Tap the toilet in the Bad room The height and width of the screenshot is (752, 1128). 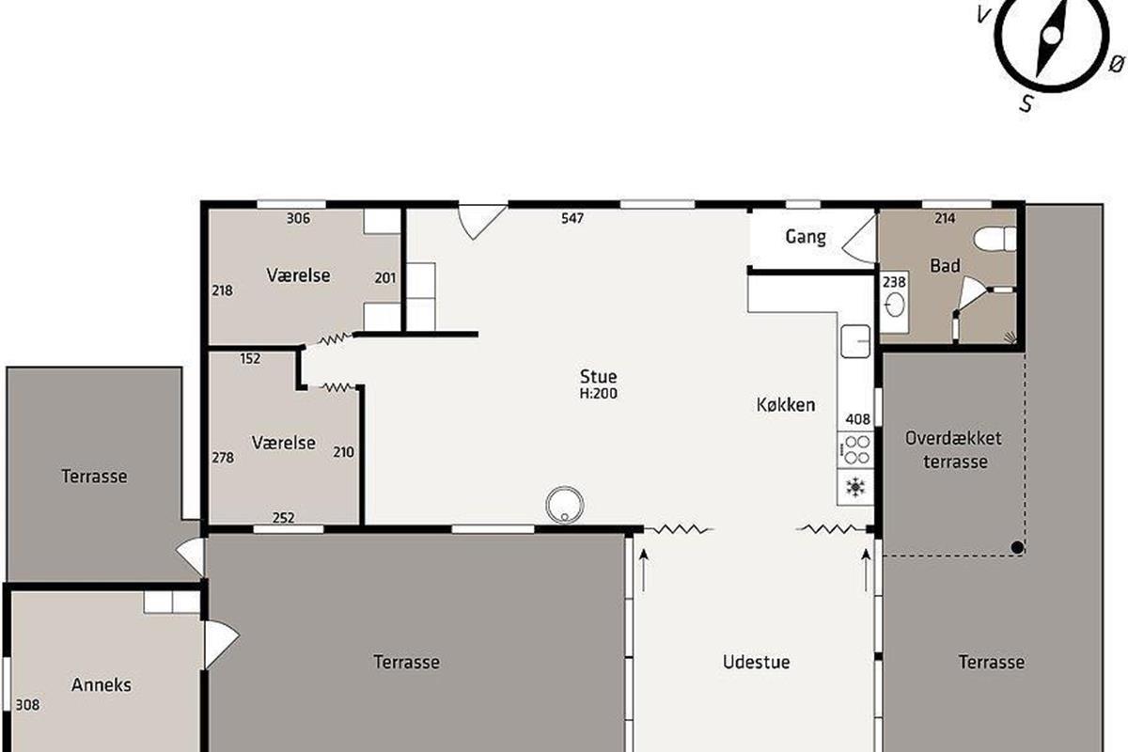coord(995,238)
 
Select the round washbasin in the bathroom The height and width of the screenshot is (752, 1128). coord(895,305)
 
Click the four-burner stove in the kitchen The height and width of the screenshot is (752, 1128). coord(855,449)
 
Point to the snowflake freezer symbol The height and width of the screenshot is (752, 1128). coord(855,487)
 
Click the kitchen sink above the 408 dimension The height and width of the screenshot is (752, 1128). coord(855,341)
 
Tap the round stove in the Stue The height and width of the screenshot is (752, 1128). coord(565,505)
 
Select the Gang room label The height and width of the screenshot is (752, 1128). coord(806,237)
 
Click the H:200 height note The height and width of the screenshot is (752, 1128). coord(598,393)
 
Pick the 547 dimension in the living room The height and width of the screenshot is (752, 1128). coord(572,218)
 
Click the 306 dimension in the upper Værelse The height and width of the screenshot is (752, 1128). coord(298,218)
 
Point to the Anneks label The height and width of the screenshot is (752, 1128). coord(102,684)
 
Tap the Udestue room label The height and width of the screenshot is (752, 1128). coord(756,662)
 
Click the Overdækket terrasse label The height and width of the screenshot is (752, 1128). coord(954,449)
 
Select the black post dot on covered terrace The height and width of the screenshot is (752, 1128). coord(1017,547)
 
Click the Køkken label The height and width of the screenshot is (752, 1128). coord(786,404)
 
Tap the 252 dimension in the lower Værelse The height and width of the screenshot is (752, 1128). coord(284,517)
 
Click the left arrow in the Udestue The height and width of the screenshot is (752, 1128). coord(643,570)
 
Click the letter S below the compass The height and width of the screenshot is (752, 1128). coord(1026,103)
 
